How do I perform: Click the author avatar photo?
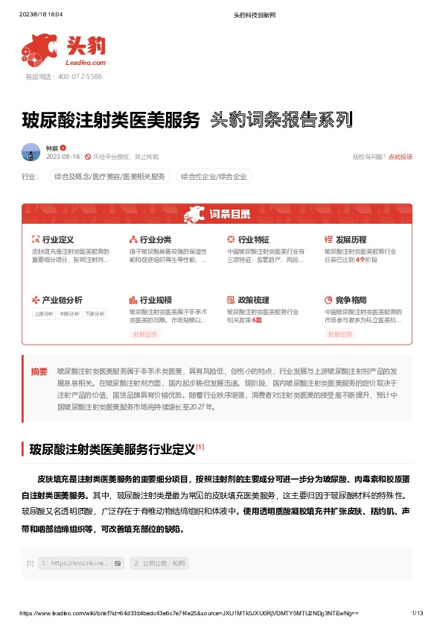[31, 152]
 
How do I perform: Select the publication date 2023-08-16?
[63, 157]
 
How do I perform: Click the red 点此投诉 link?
[400, 157]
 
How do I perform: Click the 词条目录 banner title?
[229, 215]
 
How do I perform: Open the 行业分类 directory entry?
[156, 239]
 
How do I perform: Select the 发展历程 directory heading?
[351, 239]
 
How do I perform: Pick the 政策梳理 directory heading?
[253, 299]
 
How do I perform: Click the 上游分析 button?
[43, 314]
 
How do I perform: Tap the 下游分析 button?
[94, 314]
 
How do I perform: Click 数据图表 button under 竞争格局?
[341, 335]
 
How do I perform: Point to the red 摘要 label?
[39, 371]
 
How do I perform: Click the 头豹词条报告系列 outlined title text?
[281, 119]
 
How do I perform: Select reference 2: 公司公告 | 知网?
[159, 563]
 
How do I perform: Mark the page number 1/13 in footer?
[418, 613]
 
